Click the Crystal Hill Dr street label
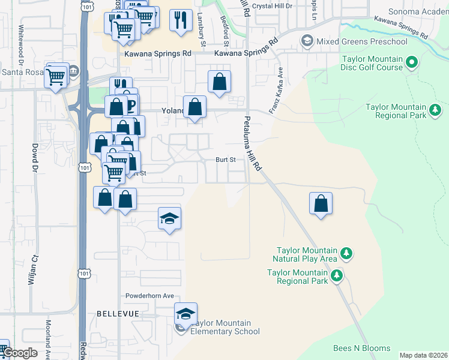point(272,5)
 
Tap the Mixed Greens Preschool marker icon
point(307,41)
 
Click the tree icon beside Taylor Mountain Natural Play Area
point(346,254)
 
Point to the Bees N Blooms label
point(362,348)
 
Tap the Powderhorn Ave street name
point(149,296)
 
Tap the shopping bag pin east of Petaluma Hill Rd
point(321,203)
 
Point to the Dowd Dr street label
point(34,156)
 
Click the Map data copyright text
point(423,355)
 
